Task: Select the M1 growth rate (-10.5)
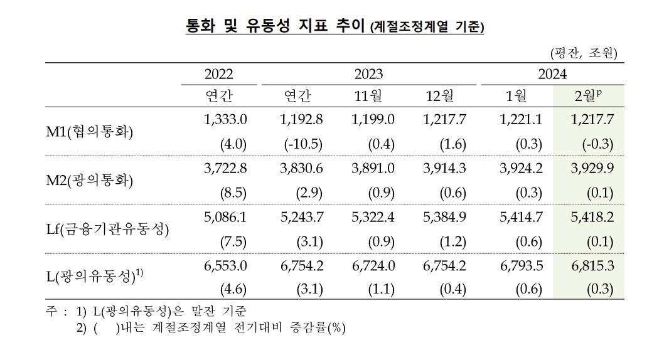303,144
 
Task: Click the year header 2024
552,74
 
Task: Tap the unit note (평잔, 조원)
583,52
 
